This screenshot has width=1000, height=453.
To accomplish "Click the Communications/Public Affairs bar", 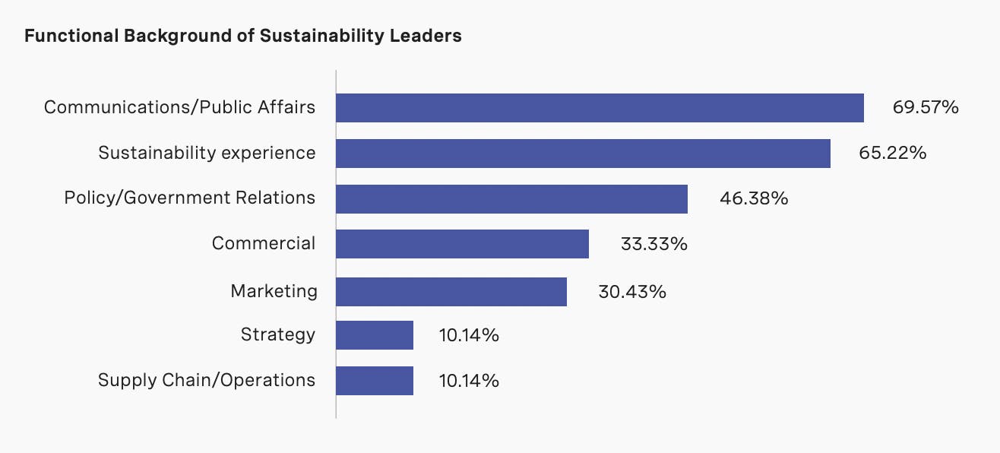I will (600, 108).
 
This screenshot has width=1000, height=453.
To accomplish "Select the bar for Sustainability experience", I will (583, 153).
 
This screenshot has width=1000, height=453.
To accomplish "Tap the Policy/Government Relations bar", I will (511, 199).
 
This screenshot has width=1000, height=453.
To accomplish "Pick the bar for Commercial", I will (462, 244).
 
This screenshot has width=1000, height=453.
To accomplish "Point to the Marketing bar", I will (451, 291).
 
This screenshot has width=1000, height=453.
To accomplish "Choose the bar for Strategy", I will (375, 335).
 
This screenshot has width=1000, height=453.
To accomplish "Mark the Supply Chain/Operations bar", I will (375, 381).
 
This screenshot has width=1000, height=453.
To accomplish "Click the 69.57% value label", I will (926, 107).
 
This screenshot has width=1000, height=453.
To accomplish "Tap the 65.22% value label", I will (892, 153).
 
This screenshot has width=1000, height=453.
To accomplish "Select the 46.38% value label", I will (753, 199).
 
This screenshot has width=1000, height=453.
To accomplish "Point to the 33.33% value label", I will (653, 244).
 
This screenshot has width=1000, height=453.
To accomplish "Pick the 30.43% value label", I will (632, 291).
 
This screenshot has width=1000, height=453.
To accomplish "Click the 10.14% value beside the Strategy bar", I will (469, 335).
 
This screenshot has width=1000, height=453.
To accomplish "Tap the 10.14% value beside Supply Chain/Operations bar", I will (469, 381).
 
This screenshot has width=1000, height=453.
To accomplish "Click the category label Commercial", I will (263, 243).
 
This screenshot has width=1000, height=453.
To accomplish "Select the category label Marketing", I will (274, 290).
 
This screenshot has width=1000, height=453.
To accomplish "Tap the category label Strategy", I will (277, 334).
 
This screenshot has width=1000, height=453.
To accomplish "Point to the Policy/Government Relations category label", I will (189, 198).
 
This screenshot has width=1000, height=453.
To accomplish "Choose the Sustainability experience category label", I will (207, 153).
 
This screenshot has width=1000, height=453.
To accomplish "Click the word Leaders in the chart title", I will (425, 36).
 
